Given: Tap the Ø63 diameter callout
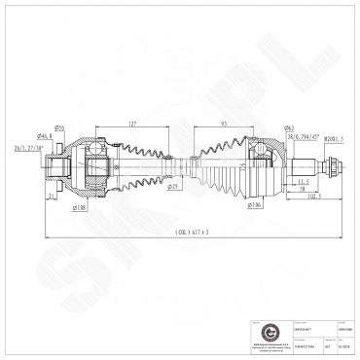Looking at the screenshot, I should (262, 129).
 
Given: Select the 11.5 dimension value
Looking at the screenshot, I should (303, 182).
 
